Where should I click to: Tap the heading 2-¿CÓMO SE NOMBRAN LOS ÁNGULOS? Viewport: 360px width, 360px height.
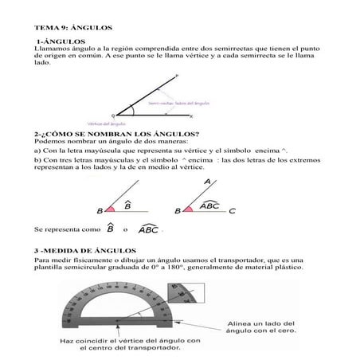pyautogui.click(x=107, y=133)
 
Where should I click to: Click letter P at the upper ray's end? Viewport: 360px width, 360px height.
pyautogui.click(x=176, y=76)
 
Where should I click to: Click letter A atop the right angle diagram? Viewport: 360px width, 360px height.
pyautogui.click(x=208, y=182)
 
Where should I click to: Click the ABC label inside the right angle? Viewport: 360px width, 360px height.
pyautogui.click(x=209, y=205)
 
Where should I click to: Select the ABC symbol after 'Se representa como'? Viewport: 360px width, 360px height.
pyautogui.click(x=148, y=229)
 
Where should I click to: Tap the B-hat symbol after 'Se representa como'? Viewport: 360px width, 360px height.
pyautogui.click(x=109, y=229)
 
